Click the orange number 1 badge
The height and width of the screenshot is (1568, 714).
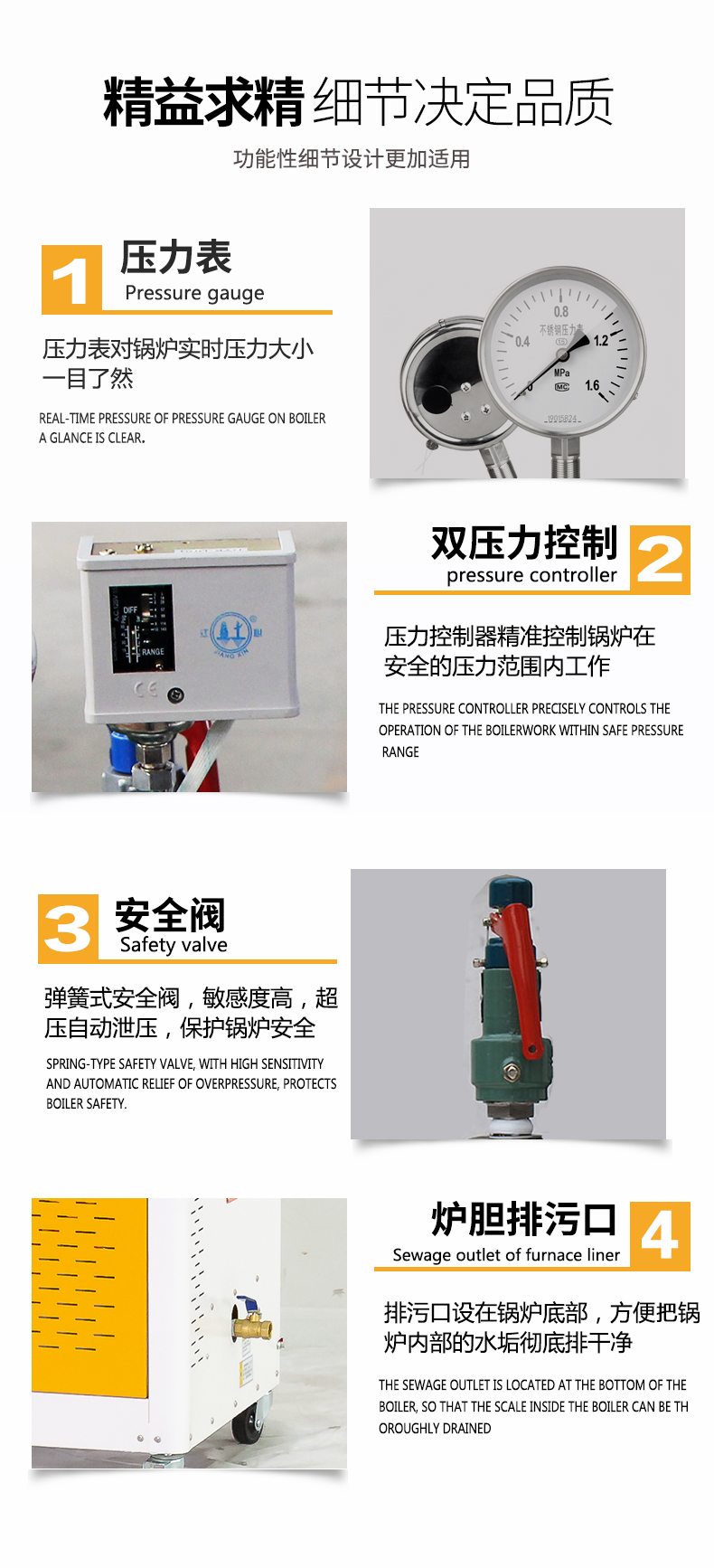[71, 279]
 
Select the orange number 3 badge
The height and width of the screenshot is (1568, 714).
[68, 928]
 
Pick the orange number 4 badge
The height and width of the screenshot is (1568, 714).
[660, 1235]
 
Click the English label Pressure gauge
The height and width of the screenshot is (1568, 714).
[194, 293]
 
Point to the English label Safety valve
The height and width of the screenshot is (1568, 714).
[174, 945]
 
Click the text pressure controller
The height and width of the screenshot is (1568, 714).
[531, 575]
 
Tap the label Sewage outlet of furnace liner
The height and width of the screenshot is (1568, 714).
[506, 1255]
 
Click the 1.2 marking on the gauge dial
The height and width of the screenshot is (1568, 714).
[601, 341]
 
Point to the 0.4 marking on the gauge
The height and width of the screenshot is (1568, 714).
[522, 342]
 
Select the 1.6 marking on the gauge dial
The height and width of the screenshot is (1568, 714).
[592, 385]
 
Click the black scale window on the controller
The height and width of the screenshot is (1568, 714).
[141, 628]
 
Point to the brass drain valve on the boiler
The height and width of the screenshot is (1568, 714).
[250, 1325]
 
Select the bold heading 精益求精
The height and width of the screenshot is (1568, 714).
[203, 102]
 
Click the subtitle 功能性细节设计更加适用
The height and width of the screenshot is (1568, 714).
[352, 159]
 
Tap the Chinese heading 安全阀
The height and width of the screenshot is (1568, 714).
[170, 915]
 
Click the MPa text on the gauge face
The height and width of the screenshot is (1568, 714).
[561, 373]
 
